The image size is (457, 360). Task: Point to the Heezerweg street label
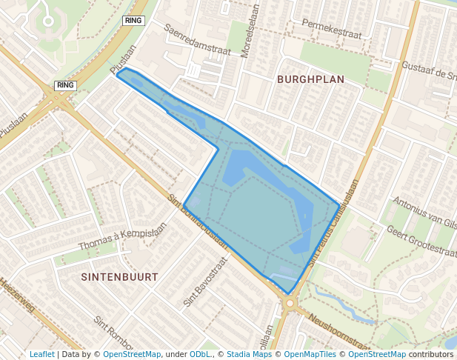click(16, 295)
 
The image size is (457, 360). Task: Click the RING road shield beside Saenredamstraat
click(133, 21)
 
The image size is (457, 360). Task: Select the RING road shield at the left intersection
click(65, 85)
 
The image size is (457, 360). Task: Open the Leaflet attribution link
click(41, 354)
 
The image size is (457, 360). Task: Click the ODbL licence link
click(200, 354)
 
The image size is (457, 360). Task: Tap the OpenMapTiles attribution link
click(310, 354)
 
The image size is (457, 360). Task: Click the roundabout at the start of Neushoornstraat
click(289, 303)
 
